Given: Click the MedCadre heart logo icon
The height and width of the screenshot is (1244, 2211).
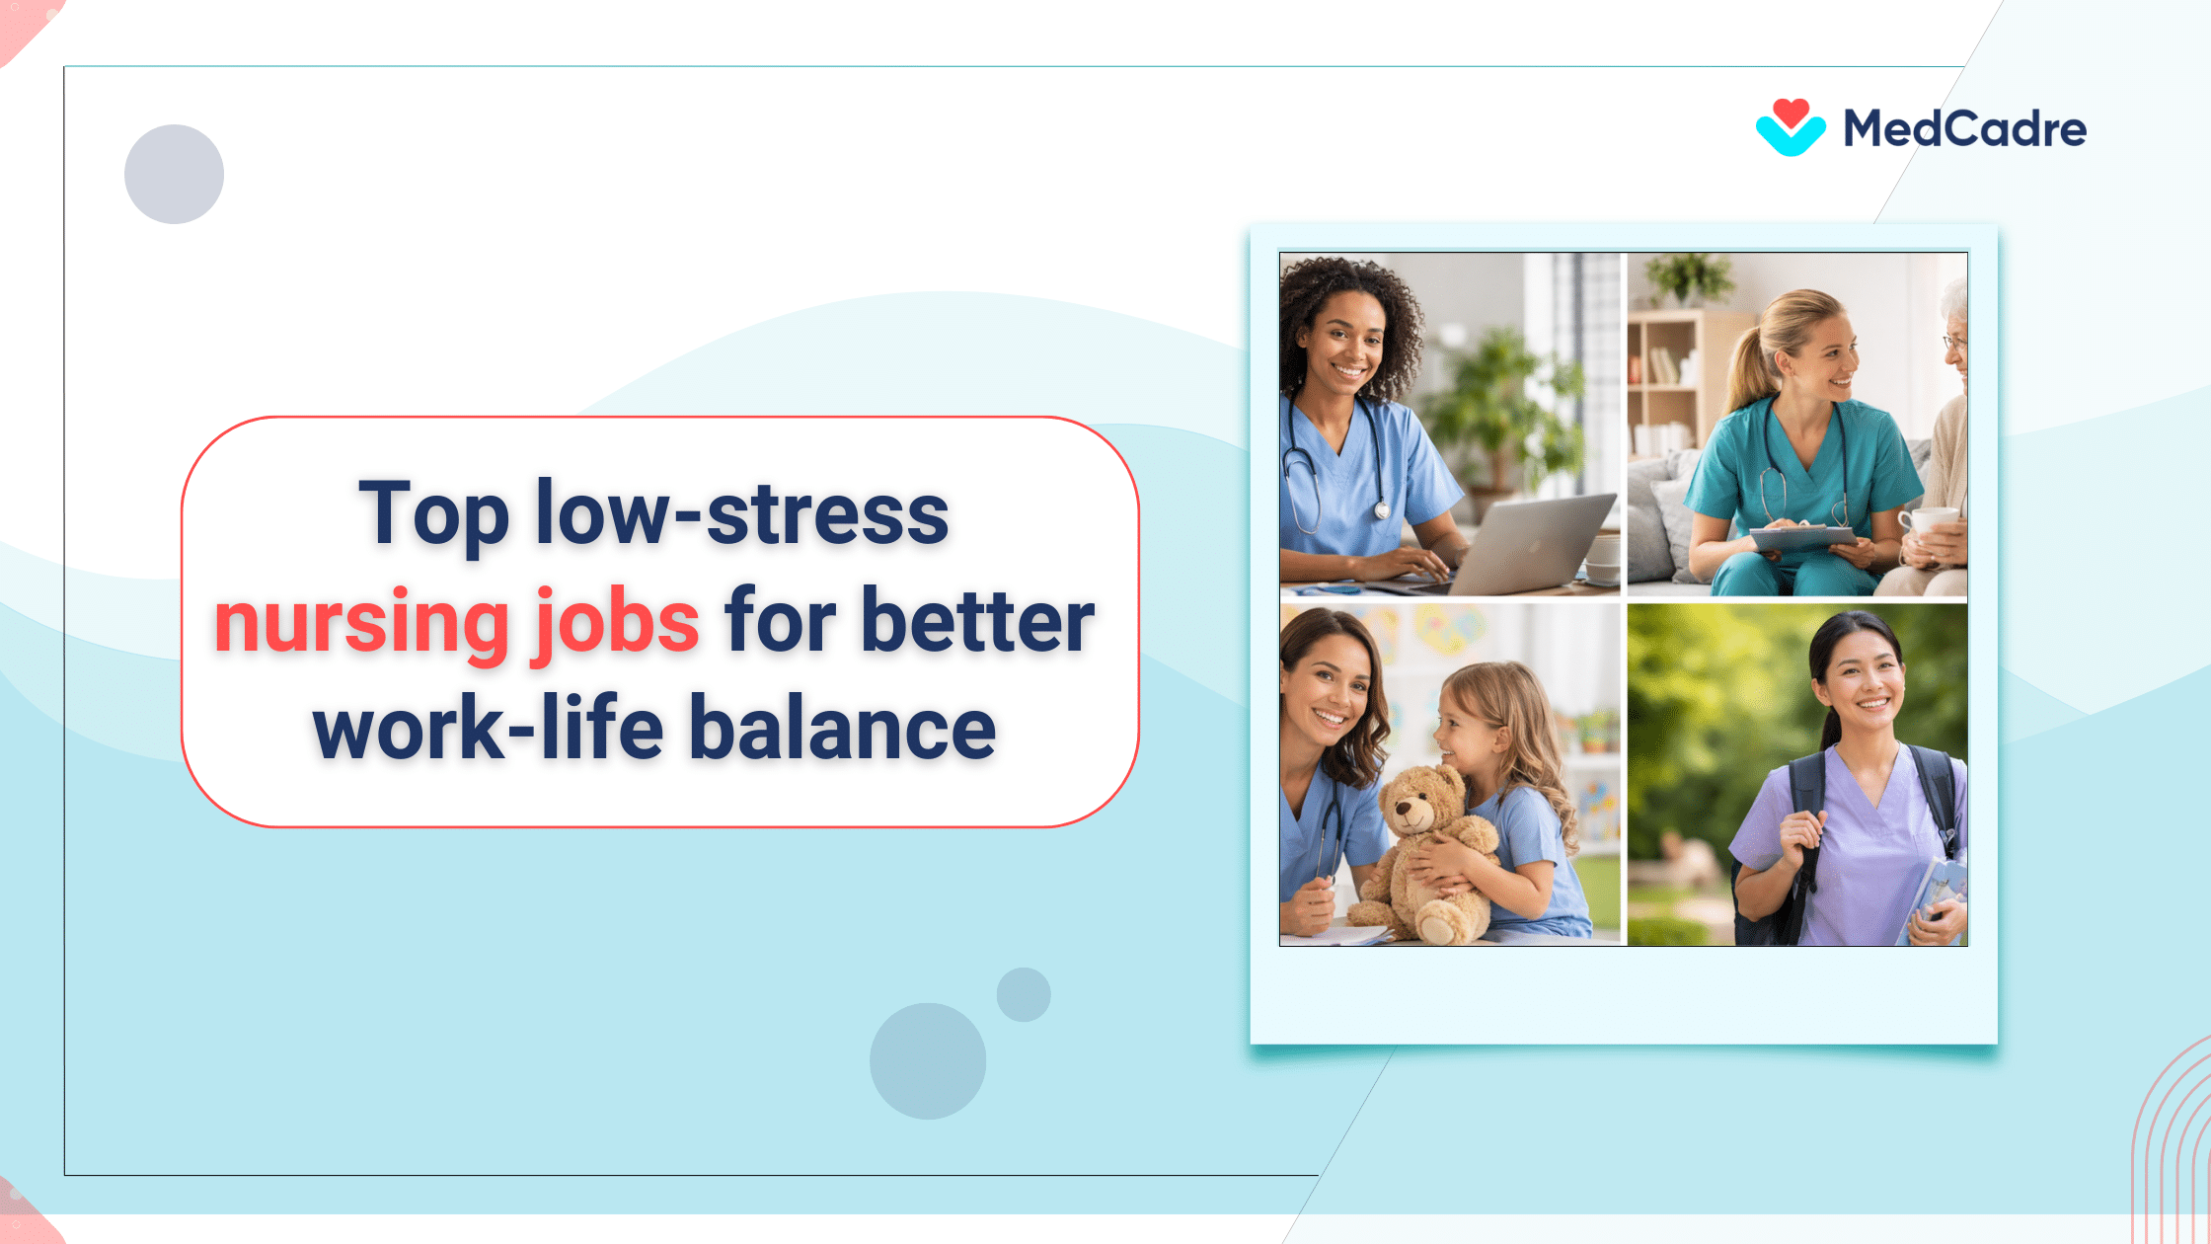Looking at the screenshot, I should point(1791,128).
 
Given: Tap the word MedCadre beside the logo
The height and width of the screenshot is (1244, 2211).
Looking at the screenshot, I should point(1964,129).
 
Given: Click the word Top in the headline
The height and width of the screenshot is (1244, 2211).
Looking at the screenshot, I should point(433,513).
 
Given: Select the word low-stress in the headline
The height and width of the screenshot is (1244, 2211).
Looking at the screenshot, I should point(742,513).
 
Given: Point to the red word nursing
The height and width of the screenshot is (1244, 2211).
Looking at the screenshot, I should point(361,622).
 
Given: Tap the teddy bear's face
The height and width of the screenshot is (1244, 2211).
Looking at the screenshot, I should point(1413,810).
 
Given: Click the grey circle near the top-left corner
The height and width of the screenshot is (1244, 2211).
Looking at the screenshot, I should point(174,174).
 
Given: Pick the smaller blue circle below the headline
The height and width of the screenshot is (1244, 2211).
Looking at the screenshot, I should point(1024,994).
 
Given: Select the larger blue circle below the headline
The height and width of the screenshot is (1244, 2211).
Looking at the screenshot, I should point(928,1061).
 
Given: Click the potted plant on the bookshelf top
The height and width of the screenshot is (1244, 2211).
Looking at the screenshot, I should point(1691,276).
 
